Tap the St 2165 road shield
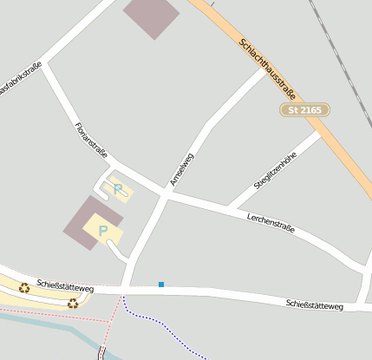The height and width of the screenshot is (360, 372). click(305, 109)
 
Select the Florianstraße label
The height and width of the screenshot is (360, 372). click(90, 141)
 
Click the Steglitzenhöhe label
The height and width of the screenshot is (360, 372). click(275, 171)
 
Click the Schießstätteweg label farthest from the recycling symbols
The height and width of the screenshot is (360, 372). click(315, 305)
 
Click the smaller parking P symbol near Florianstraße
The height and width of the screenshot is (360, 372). click(118, 187)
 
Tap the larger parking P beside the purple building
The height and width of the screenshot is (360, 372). click(103, 230)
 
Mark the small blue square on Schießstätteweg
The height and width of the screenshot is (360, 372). click(160, 284)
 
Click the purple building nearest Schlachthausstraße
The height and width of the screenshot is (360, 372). click(151, 15)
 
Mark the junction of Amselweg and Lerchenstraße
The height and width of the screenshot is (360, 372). click(165, 195)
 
